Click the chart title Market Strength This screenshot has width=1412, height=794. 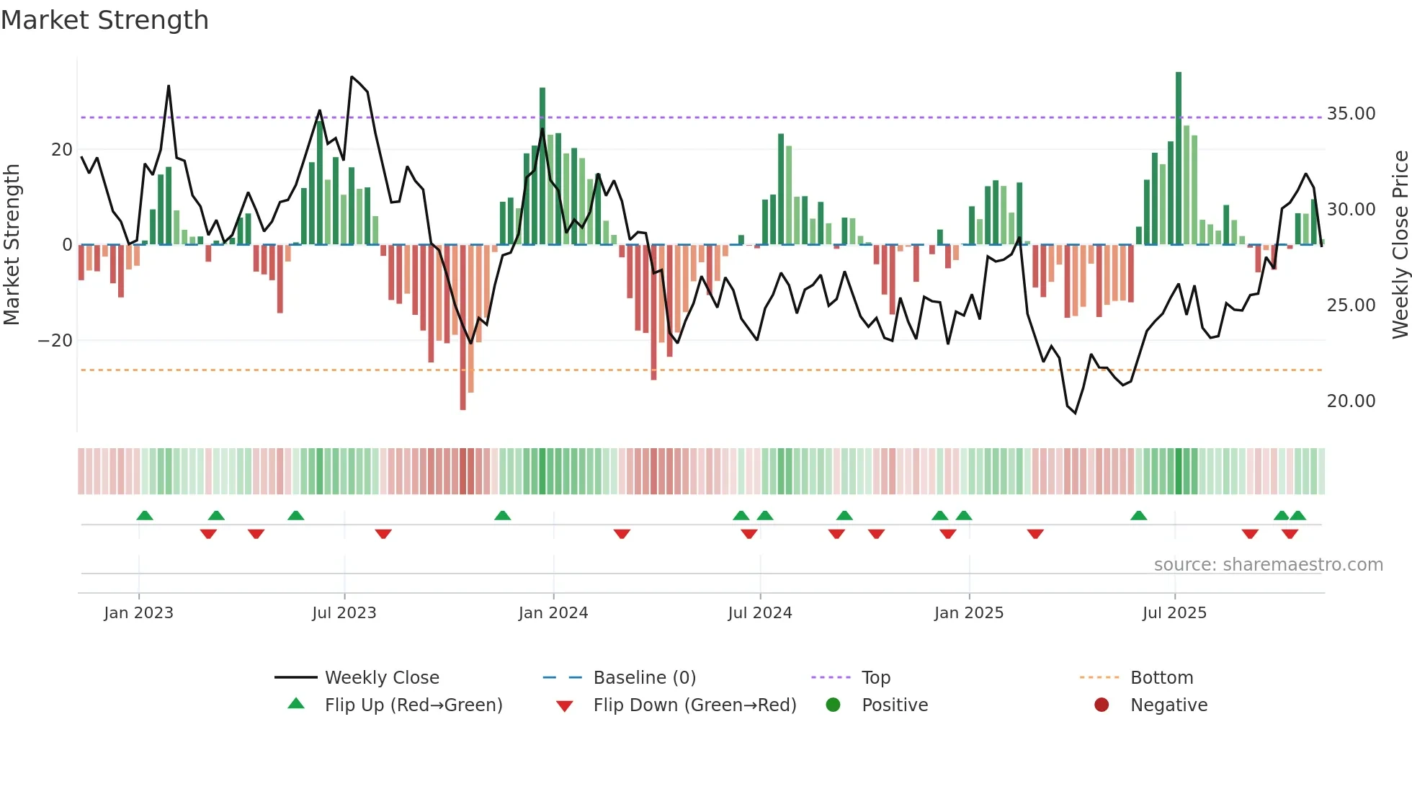point(104,20)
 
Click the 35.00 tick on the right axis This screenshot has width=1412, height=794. point(1351,114)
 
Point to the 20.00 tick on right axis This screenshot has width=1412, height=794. point(1351,401)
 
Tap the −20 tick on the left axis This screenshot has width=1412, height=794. point(55,340)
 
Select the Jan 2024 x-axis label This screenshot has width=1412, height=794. point(553,613)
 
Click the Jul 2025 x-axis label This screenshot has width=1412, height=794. point(1174,613)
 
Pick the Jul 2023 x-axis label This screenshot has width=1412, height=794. point(344,613)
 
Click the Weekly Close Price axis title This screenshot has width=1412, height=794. point(1400,245)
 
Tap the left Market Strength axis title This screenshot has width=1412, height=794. point(12,245)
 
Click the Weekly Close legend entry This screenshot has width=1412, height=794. point(382,678)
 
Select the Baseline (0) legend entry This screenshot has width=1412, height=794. point(644,678)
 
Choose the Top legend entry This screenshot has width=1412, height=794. point(876,678)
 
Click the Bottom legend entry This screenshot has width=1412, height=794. point(1161,678)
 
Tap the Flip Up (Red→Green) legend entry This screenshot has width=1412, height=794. point(413,705)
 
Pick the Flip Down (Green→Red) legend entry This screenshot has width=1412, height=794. point(694,705)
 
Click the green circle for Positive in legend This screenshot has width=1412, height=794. point(834,705)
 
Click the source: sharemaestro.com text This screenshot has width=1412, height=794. point(1268,565)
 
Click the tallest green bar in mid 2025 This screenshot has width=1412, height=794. point(1179,159)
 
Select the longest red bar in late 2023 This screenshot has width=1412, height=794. point(463,328)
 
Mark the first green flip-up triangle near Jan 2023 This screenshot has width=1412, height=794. point(145,516)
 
